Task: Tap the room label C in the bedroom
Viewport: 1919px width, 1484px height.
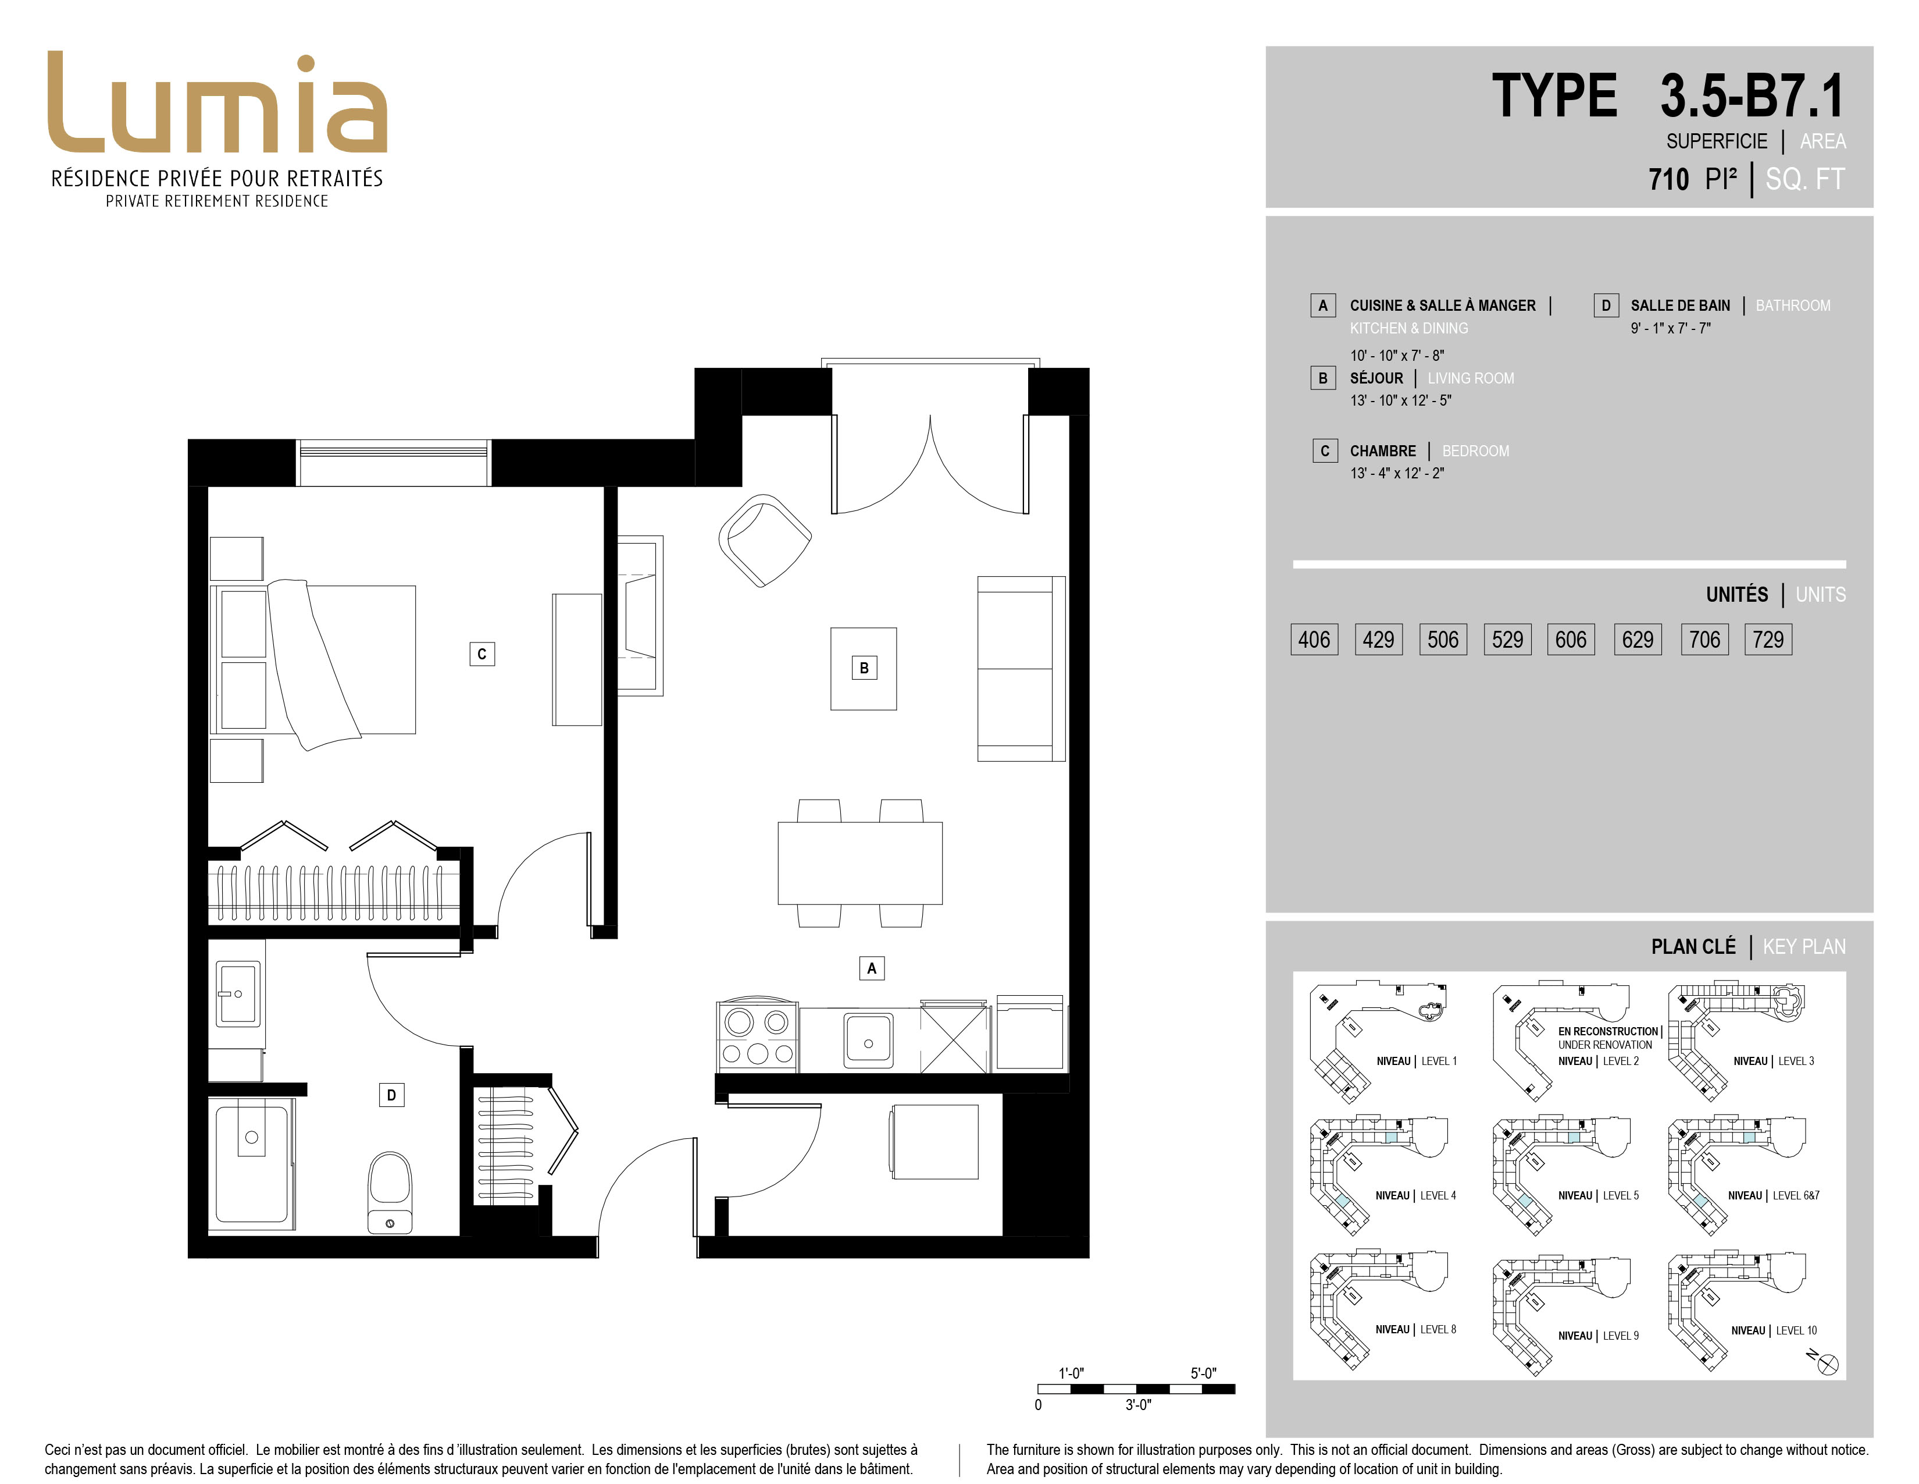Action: point(481,654)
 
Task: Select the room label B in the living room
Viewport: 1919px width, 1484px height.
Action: point(864,668)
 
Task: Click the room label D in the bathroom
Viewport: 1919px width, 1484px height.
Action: point(391,1095)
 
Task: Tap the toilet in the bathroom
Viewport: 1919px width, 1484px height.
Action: point(389,1193)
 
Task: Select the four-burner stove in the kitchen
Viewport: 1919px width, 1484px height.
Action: point(757,1036)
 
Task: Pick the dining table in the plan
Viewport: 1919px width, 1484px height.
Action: point(860,863)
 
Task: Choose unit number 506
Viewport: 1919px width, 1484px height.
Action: point(1443,639)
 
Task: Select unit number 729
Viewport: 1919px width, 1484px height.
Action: point(1768,639)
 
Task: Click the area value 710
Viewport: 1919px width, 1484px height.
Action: point(1668,179)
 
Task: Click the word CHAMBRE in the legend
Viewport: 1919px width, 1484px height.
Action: point(1383,451)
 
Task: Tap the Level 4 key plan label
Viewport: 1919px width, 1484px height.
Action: point(1415,1196)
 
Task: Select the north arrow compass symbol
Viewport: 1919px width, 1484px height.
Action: point(1824,1363)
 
